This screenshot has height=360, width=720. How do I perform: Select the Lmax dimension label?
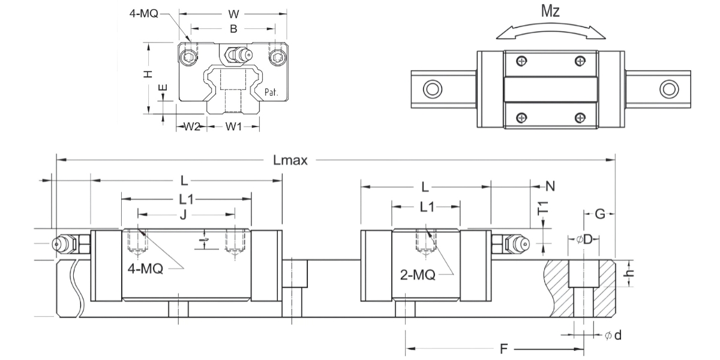coord(290,160)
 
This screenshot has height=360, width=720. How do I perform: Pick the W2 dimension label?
coord(191,127)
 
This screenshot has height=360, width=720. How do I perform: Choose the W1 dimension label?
coord(234,127)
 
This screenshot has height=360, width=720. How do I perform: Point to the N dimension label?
coord(550,186)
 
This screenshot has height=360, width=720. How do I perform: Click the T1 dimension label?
coord(543,208)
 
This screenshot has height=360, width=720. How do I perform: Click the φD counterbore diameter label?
coord(584,240)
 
